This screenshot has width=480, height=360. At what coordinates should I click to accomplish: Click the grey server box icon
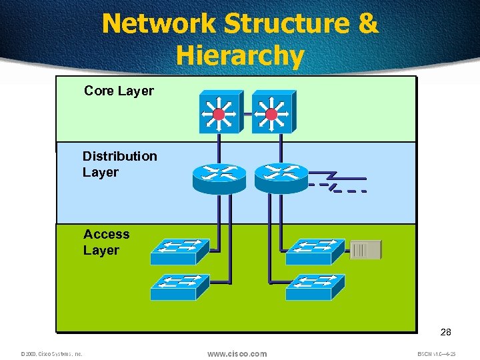(x=366, y=250)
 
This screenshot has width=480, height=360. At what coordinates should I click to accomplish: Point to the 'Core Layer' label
(x=119, y=91)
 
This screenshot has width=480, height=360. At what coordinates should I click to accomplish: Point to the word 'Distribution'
(x=120, y=156)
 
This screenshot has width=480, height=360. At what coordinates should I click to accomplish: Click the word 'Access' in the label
(x=107, y=234)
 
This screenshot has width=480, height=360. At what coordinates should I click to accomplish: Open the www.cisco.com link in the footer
(x=237, y=353)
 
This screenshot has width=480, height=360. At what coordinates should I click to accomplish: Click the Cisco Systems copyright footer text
(x=51, y=354)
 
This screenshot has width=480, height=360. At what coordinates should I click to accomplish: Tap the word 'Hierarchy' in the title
(x=240, y=55)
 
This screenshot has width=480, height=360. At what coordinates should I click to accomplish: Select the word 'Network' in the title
(x=159, y=23)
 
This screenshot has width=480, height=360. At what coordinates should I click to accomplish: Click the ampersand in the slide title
(x=367, y=23)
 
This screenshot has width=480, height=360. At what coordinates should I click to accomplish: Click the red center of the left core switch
(x=218, y=115)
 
